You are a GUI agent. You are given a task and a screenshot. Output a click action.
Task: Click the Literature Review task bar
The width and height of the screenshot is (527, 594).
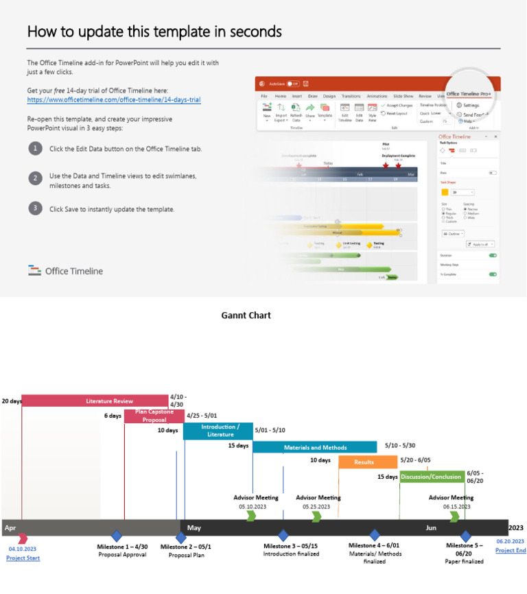(95, 401)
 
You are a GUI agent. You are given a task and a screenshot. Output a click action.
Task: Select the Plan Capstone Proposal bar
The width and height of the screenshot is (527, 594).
(154, 416)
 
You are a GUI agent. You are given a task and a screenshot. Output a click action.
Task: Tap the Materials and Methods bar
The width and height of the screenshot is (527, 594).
(315, 447)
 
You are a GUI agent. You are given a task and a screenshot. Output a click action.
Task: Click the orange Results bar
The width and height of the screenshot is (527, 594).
(364, 462)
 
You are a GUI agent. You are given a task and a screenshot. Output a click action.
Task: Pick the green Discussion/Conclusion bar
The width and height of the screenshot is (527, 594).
(431, 477)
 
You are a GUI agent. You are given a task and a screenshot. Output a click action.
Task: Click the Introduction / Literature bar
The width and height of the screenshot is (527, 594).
(218, 431)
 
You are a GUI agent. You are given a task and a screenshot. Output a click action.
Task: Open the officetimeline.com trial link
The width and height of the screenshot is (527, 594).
(113, 99)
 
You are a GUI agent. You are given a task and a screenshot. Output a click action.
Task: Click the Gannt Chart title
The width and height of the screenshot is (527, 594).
(246, 316)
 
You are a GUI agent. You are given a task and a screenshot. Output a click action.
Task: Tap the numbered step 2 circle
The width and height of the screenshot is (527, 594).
(35, 178)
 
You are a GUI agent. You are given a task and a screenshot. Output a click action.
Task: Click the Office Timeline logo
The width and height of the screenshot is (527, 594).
(66, 271)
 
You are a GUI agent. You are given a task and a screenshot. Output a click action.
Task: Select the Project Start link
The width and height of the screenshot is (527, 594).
(23, 558)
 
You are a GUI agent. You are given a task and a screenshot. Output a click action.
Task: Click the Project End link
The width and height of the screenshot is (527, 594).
(511, 550)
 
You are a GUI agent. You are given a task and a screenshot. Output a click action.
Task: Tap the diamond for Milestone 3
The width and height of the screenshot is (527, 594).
(283, 536)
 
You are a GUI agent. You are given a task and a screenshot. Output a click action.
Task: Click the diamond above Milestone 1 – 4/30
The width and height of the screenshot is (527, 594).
(117, 536)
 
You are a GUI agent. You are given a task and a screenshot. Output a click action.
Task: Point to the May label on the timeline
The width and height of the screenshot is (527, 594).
(194, 528)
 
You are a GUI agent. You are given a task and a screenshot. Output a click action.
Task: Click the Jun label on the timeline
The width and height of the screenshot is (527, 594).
(431, 528)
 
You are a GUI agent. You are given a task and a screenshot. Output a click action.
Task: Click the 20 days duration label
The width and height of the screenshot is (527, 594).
(11, 401)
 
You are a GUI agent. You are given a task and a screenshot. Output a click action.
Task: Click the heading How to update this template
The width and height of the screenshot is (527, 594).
(154, 32)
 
